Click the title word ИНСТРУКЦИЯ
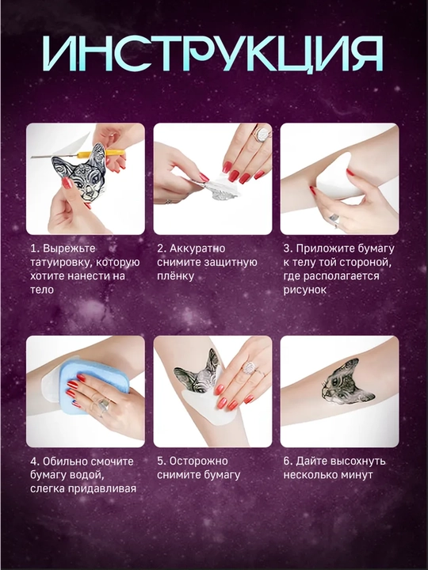[x=213, y=53]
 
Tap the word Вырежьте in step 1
[x=69, y=249]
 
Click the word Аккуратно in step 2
[x=197, y=249]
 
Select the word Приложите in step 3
[x=319, y=249]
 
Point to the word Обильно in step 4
[x=65, y=462]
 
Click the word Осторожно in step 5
[x=199, y=462]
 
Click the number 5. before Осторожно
[x=162, y=462]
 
